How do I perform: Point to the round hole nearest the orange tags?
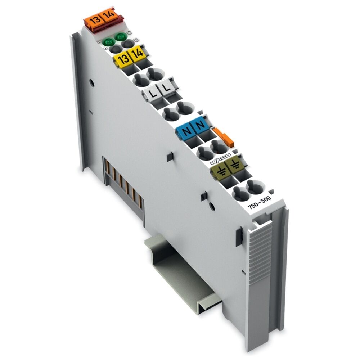click(92, 83)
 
